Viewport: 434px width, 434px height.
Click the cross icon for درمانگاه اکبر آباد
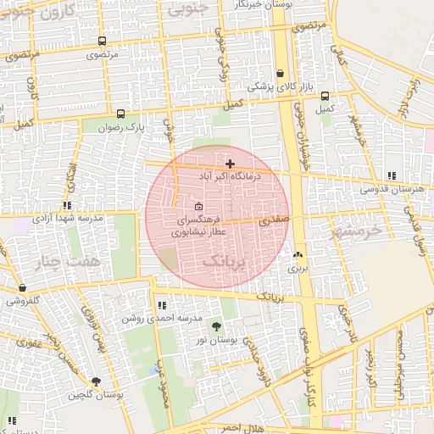(230, 163)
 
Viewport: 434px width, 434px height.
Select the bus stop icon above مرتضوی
(103, 41)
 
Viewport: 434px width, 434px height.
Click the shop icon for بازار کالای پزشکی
(281, 74)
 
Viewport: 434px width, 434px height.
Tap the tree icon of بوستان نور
(216, 326)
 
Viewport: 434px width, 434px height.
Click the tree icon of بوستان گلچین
(95, 382)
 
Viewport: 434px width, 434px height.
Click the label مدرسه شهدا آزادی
(68, 218)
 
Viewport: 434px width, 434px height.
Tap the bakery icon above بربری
(298, 254)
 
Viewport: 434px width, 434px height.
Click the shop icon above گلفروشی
(21, 288)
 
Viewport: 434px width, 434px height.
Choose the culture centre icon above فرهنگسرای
(198, 206)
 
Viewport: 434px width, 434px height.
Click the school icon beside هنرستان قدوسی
(391, 175)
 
